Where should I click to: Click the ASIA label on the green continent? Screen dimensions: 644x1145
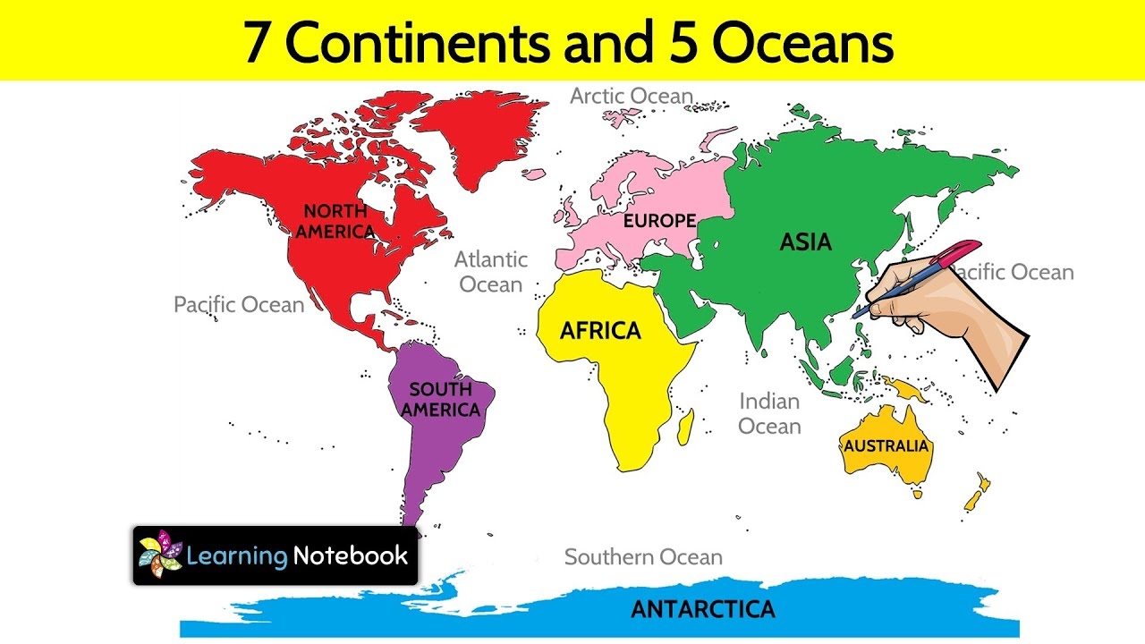[805, 242]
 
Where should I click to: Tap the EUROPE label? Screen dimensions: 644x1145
[659, 221]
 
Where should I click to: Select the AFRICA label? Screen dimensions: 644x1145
[600, 331]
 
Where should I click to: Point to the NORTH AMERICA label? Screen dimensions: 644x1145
[335, 222]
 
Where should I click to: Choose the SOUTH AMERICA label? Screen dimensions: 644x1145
[440, 400]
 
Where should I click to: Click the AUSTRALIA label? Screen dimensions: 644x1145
[886, 445]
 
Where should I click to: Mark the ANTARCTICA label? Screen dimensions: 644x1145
[702, 609]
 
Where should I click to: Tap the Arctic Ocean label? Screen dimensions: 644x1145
[632, 97]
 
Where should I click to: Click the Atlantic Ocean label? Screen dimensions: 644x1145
[491, 272]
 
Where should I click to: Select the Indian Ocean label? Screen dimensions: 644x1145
[769, 413]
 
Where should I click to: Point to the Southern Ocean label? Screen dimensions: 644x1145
[643, 557]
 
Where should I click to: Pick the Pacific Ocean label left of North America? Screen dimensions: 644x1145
[239, 305]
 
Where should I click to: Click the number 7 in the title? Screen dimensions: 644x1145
[257, 43]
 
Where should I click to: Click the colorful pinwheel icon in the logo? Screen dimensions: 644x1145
[159, 555]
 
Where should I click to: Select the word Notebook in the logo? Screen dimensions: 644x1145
[351, 555]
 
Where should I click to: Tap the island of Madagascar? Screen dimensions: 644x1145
[685, 427]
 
